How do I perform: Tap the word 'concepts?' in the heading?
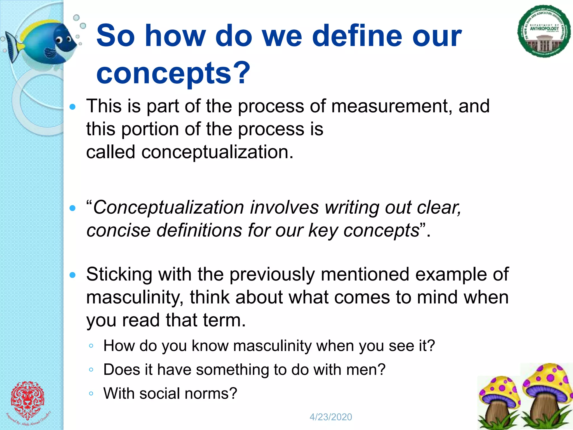(173, 73)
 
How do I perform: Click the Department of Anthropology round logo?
(544, 31)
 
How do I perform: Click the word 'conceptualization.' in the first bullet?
(217, 152)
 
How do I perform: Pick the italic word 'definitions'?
(199, 231)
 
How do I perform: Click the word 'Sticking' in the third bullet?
(119, 274)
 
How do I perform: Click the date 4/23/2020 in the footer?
(331, 417)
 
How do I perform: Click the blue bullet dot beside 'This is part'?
(72, 107)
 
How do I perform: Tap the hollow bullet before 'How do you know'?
(91, 346)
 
